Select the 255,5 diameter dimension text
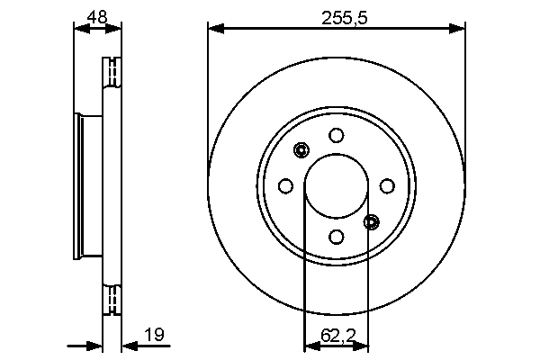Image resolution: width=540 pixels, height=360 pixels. [x=337, y=15]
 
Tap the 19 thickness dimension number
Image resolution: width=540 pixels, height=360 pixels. [x=154, y=336]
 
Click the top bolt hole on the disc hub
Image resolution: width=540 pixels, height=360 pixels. [x=337, y=136]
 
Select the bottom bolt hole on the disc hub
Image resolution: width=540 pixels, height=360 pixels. [x=337, y=237]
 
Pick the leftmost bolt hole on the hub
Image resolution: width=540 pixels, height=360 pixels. [x=286, y=186]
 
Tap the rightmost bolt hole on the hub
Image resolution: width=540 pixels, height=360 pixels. [x=387, y=186]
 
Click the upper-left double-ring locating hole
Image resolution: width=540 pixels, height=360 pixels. [x=301, y=150]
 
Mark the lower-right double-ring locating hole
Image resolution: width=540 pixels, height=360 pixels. [x=372, y=221]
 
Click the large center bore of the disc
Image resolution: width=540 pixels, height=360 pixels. [x=337, y=186]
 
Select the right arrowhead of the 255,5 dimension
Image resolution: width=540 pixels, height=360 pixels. [x=459, y=29]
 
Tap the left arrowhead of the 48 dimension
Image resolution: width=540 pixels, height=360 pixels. [x=79, y=29]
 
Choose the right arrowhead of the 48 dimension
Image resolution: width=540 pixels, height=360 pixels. [x=114, y=29]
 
